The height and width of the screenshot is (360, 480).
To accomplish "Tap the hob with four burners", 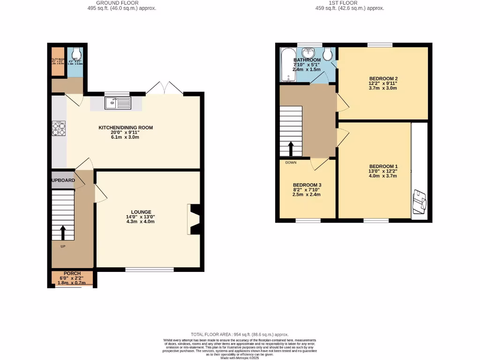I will [59, 129].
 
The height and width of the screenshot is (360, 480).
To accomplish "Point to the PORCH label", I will [72, 273].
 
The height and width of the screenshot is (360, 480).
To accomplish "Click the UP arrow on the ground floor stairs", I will [62, 232].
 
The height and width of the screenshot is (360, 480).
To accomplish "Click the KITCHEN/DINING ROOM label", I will [125, 127].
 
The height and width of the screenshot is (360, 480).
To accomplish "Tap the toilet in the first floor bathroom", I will [329, 54].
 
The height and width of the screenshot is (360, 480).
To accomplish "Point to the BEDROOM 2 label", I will [383, 78].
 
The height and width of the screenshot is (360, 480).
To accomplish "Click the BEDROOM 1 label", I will [383, 166].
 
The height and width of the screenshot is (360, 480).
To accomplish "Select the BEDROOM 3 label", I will [307, 185].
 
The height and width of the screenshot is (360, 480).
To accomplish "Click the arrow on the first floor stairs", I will [291, 149].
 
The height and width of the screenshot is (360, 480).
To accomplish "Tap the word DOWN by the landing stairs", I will [291, 163].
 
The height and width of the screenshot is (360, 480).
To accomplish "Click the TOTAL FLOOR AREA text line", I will [240, 334].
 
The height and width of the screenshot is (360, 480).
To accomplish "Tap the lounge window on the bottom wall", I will [149, 270].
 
